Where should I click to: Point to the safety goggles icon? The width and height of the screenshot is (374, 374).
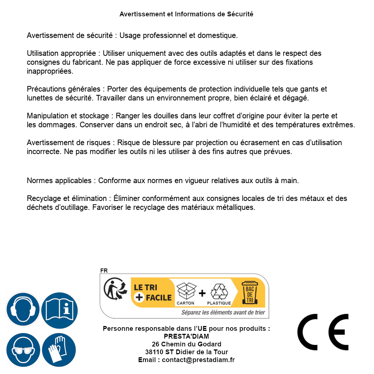[23, 350]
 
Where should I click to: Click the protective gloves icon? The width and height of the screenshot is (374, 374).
[59, 350]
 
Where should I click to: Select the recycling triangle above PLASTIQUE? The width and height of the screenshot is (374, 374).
[219, 291]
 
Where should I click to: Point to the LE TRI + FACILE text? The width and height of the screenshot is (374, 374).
[153, 293]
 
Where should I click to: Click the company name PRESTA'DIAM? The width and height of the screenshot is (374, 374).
[186, 336]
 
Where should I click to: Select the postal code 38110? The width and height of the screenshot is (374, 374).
[154, 352]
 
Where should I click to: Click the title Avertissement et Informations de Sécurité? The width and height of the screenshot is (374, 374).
[186, 14]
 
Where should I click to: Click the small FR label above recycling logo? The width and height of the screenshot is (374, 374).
[104, 271]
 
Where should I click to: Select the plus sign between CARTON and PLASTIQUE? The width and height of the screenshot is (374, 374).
[202, 293]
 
